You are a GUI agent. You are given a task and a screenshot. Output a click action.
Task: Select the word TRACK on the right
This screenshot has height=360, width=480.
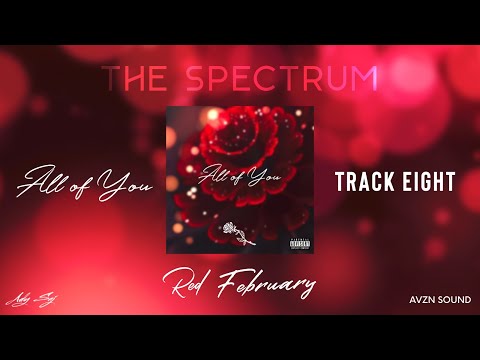pyautogui.click(x=363, y=182)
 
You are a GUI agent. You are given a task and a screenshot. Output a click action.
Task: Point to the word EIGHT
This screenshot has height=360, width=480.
pyautogui.click(x=428, y=182)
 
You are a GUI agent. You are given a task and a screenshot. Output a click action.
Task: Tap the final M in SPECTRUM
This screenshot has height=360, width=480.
pyautogui.click(x=364, y=78)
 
